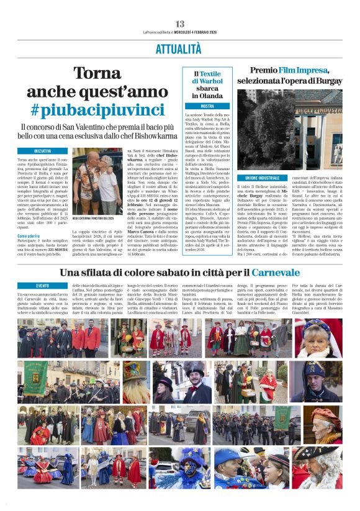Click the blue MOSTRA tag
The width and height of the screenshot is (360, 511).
206,106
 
